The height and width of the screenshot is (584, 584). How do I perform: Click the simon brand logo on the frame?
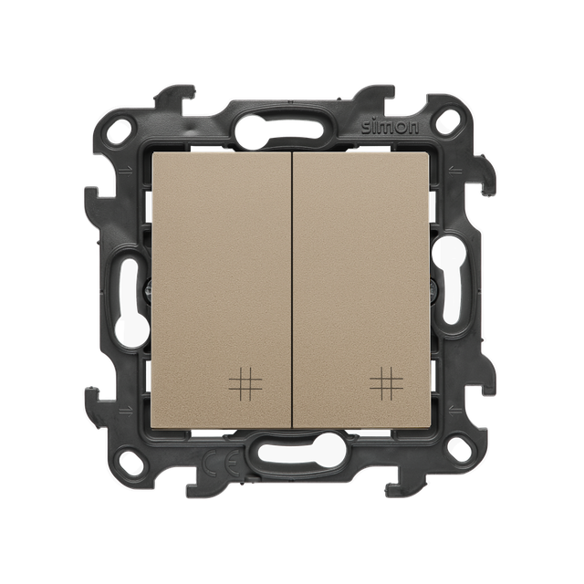[x=390, y=128]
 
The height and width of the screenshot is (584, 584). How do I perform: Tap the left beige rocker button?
[x=221, y=290]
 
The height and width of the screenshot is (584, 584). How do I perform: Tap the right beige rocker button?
[x=361, y=290]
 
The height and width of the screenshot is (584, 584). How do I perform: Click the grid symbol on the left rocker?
[x=245, y=382]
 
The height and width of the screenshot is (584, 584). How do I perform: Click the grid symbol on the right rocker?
[x=387, y=382]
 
